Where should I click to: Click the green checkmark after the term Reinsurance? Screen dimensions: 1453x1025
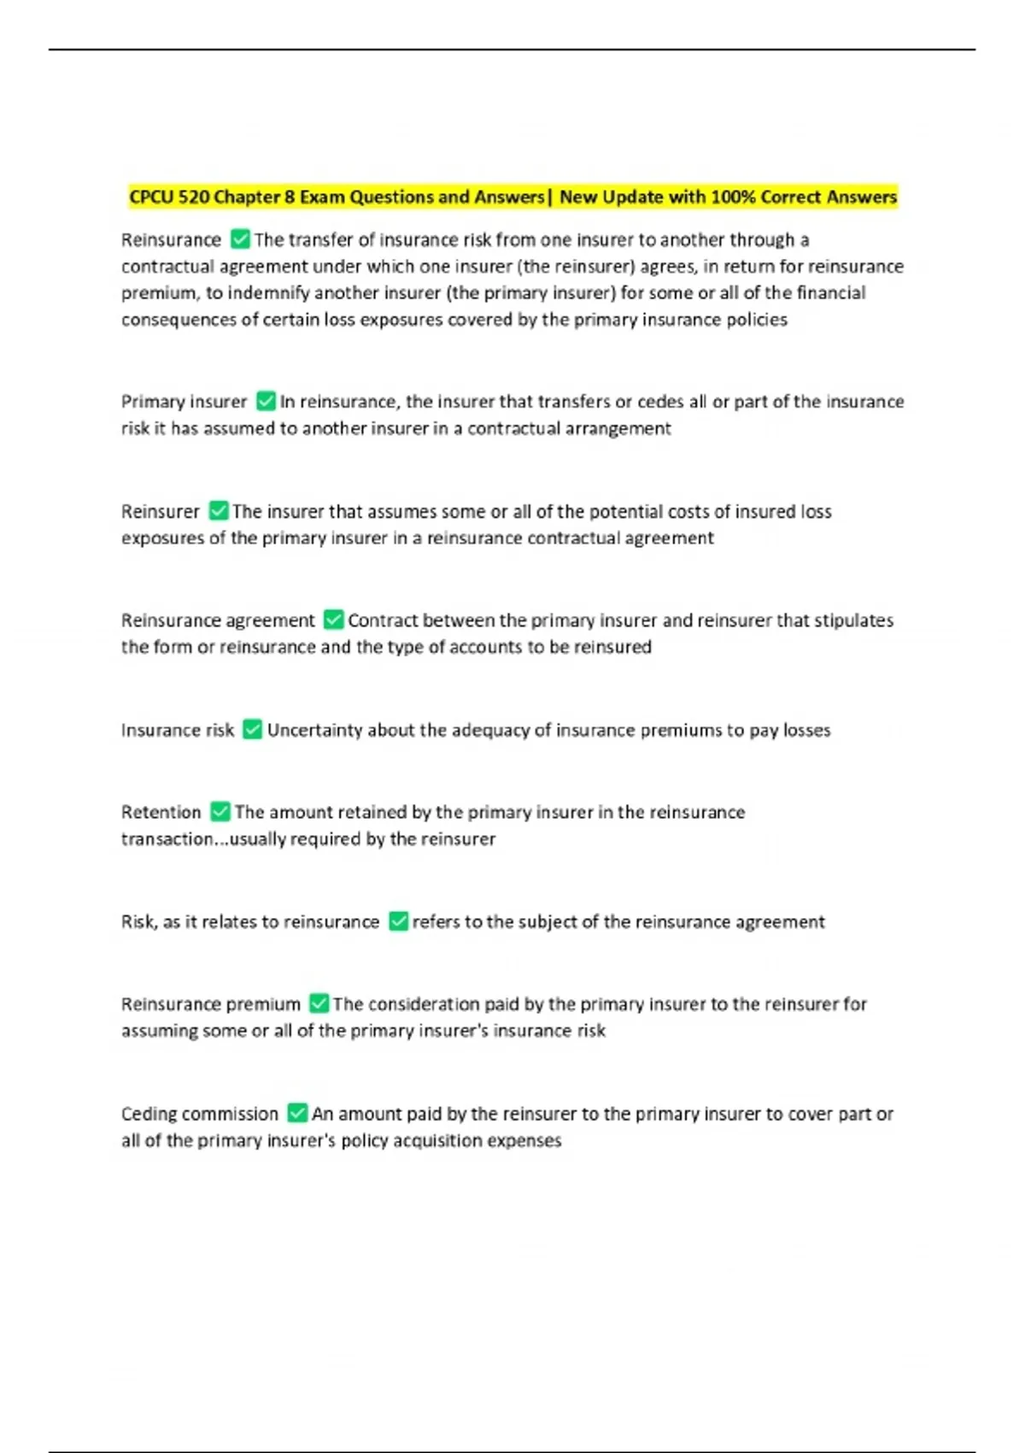[x=241, y=239]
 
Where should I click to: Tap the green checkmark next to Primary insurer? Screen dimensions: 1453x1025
[x=266, y=401]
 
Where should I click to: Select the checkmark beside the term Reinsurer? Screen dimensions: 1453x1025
[x=219, y=511]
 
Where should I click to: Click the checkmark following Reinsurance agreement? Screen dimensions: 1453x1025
[x=334, y=620]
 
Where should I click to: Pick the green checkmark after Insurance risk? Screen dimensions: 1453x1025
[x=253, y=729]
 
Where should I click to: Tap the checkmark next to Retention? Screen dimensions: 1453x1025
[x=220, y=811]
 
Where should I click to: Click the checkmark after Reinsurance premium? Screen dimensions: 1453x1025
[x=319, y=1003]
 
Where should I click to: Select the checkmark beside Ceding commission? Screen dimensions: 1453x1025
[x=297, y=1114]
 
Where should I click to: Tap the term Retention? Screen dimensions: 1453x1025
[x=161, y=812]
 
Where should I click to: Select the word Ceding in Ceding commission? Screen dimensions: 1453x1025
[x=148, y=1115]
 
